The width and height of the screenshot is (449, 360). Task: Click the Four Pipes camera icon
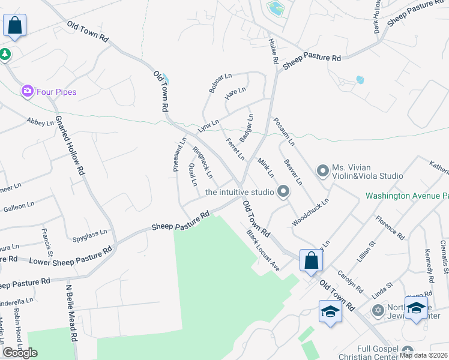(27, 92)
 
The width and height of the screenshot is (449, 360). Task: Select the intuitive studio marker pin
(283, 192)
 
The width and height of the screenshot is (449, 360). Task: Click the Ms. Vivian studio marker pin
(323, 172)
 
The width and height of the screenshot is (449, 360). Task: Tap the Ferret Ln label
(235, 149)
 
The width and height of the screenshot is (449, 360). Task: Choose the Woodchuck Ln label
(311, 212)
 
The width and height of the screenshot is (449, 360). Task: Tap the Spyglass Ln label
(91, 232)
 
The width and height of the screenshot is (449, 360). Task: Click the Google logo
(20, 352)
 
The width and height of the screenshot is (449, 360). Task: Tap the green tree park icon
(5, 54)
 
